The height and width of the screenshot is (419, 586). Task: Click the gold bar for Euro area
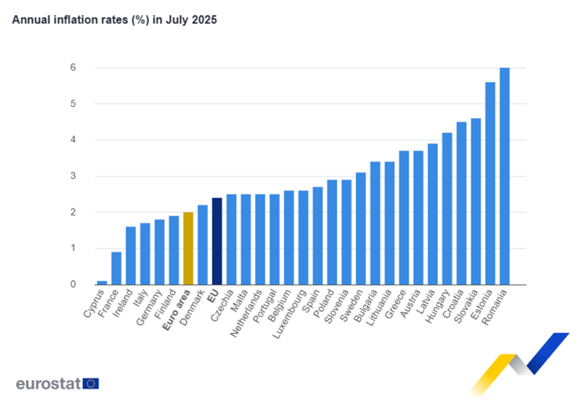[188, 248]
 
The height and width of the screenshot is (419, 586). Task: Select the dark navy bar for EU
[217, 241]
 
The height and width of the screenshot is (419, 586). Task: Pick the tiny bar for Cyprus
[101, 282]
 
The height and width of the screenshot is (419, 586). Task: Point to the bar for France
[116, 268]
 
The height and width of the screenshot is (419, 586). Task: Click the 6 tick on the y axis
[74, 67]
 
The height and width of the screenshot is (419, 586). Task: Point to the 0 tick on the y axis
[74, 284]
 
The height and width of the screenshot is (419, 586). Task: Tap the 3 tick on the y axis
[74, 176]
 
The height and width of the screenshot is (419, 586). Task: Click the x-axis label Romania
[494, 307]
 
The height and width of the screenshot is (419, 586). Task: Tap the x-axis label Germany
[147, 307]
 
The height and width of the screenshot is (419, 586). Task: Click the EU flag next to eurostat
[91, 383]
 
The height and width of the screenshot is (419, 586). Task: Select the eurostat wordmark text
[48, 383]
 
